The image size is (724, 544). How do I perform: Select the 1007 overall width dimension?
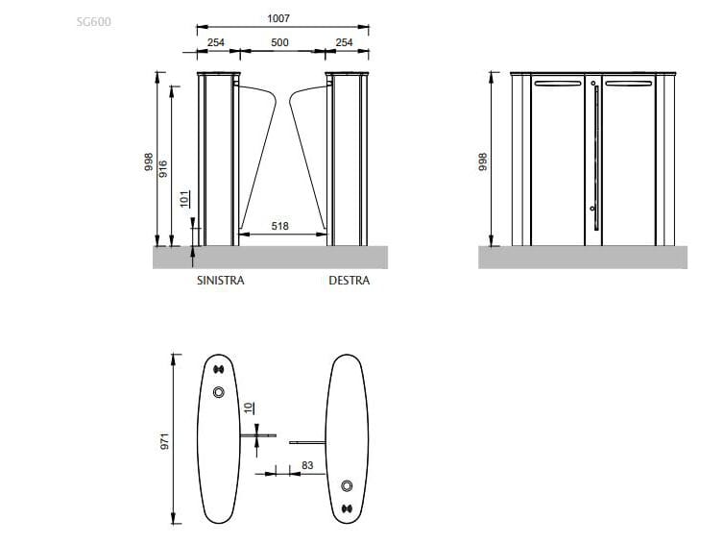(x=278, y=18)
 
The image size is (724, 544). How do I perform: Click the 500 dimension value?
(x=278, y=42)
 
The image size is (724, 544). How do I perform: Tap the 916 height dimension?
(x=163, y=169)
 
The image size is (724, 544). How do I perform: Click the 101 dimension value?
(x=184, y=200)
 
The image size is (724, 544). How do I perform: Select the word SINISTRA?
(x=220, y=282)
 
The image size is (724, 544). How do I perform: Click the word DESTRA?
(x=349, y=282)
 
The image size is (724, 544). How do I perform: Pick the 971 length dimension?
(x=164, y=442)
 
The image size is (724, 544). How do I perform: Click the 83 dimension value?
(x=307, y=465)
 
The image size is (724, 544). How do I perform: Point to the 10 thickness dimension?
(x=249, y=408)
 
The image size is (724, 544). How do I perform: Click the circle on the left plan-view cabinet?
(x=218, y=391)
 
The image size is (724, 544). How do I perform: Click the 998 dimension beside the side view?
(x=483, y=160)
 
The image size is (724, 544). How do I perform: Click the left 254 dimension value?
(x=216, y=42)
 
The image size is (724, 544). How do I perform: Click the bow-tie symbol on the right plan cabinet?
(x=347, y=508)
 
